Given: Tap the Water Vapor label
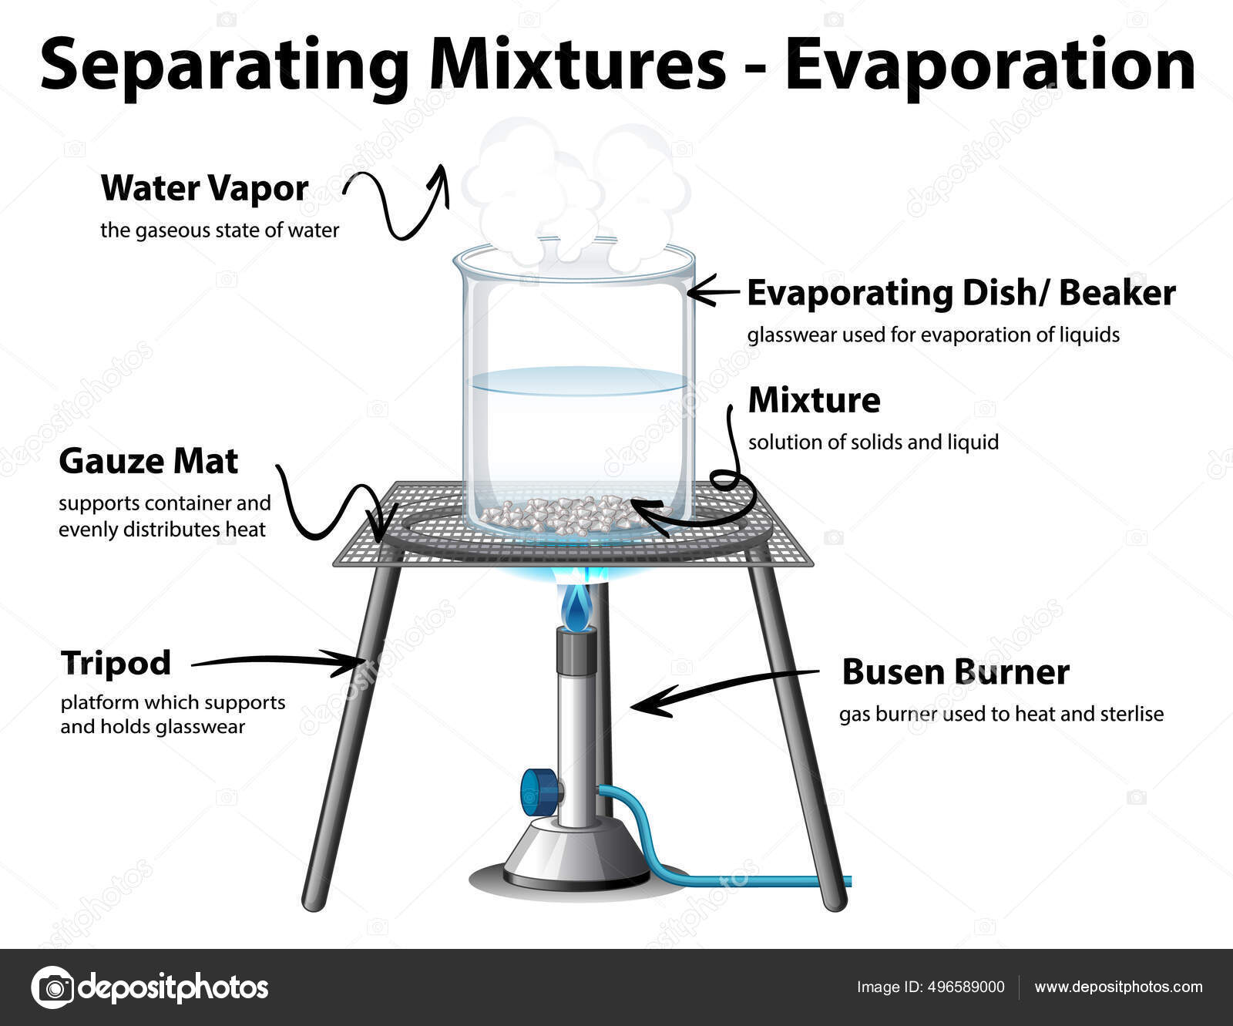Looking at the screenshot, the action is click(204, 188).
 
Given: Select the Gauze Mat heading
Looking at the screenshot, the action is click(149, 461).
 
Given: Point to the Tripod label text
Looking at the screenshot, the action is click(116, 663).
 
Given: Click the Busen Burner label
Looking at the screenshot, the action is click(956, 672).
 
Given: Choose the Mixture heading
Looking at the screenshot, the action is click(814, 400).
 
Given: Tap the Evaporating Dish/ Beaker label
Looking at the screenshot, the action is click(961, 293).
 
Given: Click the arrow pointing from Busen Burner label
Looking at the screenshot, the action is click(724, 688).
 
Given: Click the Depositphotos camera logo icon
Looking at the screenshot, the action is click(53, 987).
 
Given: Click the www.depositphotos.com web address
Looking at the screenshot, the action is click(1118, 987).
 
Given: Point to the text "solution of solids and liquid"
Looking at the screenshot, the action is click(873, 442).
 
